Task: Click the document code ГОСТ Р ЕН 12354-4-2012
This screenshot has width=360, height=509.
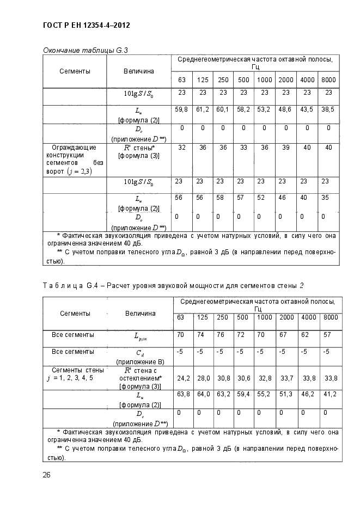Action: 86,26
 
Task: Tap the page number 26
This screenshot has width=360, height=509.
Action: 47,475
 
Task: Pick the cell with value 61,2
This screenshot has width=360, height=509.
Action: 203,109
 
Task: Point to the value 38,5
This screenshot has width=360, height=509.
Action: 328,109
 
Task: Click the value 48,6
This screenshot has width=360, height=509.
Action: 285,109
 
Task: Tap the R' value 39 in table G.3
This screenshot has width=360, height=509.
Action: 285,147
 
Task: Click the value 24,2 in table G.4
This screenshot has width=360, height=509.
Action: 182,377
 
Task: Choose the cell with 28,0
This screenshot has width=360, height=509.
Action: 203,377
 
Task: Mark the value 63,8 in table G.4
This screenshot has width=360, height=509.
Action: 182,394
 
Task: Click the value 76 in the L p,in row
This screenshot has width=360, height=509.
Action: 223,334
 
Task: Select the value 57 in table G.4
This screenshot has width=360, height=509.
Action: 327,334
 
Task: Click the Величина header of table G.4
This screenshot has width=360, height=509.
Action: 140,313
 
